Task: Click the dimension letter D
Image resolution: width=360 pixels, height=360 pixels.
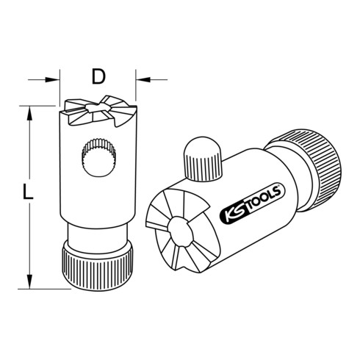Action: [x=98, y=76]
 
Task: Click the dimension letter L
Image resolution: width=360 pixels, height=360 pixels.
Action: [x=27, y=191]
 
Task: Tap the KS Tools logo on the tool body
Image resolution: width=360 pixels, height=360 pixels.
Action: [x=253, y=204]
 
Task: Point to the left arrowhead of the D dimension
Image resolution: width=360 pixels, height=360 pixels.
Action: [x=52, y=79]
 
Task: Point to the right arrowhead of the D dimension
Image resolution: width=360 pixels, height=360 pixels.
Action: [x=143, y=79]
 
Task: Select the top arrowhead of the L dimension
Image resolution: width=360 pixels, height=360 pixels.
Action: [x=29, y=113]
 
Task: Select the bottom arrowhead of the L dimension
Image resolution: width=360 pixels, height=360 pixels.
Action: [x=29, y=281]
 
